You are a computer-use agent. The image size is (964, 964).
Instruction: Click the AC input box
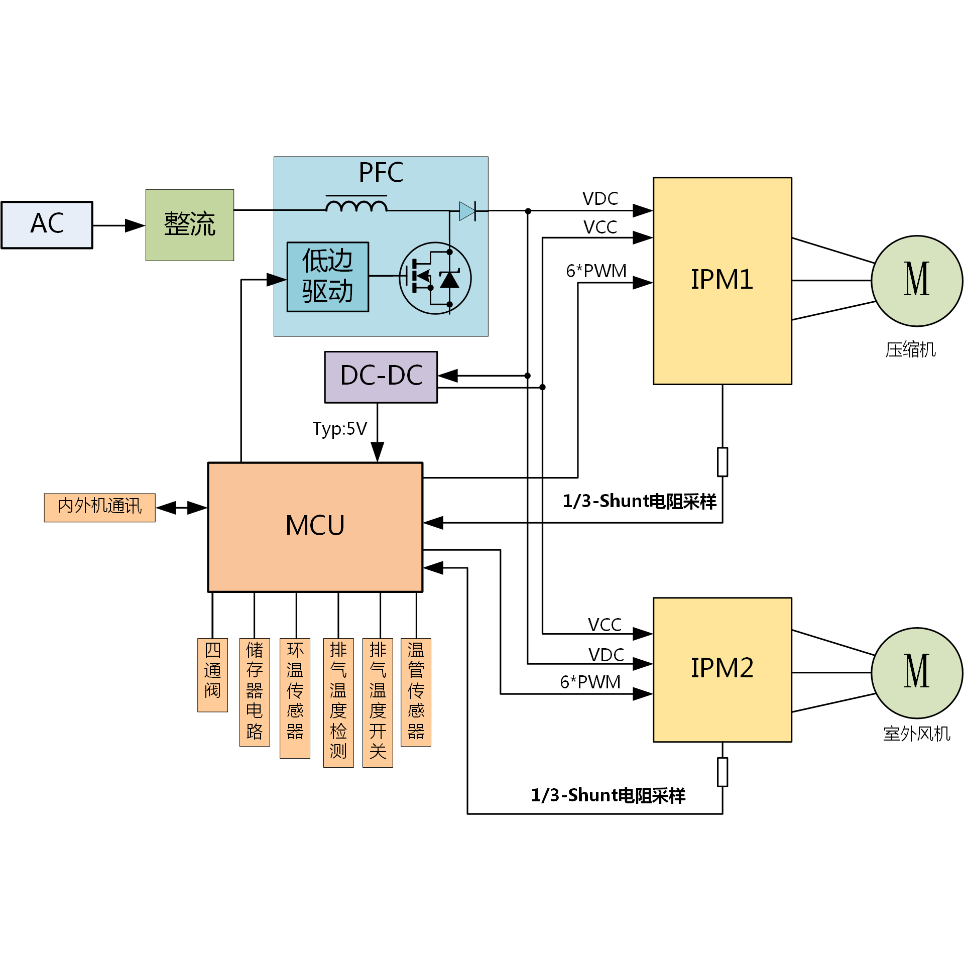tap(47, 224)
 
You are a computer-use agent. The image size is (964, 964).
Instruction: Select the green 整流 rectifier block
tap(189, 224)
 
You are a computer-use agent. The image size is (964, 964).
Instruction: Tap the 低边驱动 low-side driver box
tap(327, 277)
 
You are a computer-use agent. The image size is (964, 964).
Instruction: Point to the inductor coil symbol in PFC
tap(356, 205)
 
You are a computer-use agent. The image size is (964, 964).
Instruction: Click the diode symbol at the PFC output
tap(467, 211)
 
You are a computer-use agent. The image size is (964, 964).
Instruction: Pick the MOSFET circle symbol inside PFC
tap(435, 278)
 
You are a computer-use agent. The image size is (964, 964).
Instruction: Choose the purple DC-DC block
tap(381, 377)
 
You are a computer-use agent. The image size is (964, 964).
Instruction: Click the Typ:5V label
tap(339, 428)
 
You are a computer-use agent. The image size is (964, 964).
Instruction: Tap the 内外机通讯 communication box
tap(99, 507)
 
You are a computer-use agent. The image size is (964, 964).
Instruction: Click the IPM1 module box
tap(722, 280)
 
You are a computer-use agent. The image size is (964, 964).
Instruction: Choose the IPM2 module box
tap(722, 669)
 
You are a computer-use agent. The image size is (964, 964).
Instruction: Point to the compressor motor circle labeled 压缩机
tap(916, 281)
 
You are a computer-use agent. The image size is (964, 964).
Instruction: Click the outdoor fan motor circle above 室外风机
tap(916, 672)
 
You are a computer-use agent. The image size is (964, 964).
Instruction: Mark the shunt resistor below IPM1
tap(722, 461)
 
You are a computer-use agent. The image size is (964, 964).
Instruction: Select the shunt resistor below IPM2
tap(722, 772)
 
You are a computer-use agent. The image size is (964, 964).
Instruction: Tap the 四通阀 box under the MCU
tap(212, 674)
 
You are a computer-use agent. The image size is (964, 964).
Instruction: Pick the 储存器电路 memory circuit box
tap(255, 692)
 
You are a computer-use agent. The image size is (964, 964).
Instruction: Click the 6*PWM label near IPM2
tap(590, 682)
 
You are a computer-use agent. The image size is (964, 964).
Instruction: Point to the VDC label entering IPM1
tap(600, 199)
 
